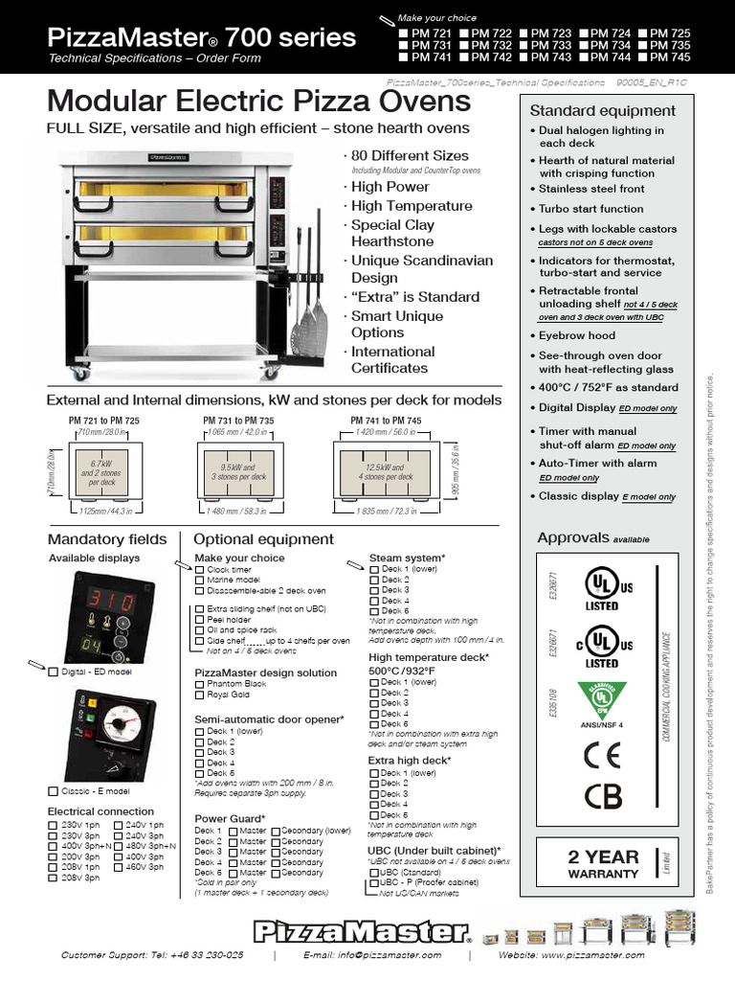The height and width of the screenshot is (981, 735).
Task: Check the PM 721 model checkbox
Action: tap(403, 33)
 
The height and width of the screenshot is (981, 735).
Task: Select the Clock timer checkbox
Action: tap(200, 569)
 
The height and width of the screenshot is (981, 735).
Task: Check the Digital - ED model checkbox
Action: tap(54, 672)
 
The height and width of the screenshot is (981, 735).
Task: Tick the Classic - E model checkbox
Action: tap(54, 790)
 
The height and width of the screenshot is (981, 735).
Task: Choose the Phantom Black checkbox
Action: tap(200, 684)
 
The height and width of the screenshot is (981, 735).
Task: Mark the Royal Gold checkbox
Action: tap(200, 695)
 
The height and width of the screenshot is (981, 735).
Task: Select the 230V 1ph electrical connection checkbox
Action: tap(54, 825)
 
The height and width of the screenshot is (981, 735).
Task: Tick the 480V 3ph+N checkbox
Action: tap(119, 846)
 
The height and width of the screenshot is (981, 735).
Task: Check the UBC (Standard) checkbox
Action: tap(374, 873)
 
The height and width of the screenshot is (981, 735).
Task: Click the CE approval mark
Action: tap(602, 753)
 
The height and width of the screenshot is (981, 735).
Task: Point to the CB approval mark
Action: tap(602, 795)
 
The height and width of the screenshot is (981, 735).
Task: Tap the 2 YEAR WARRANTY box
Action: tap(602, 864)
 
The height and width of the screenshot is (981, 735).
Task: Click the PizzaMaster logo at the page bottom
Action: tap(362, 931)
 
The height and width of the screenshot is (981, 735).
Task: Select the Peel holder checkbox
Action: tap(200, 620)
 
